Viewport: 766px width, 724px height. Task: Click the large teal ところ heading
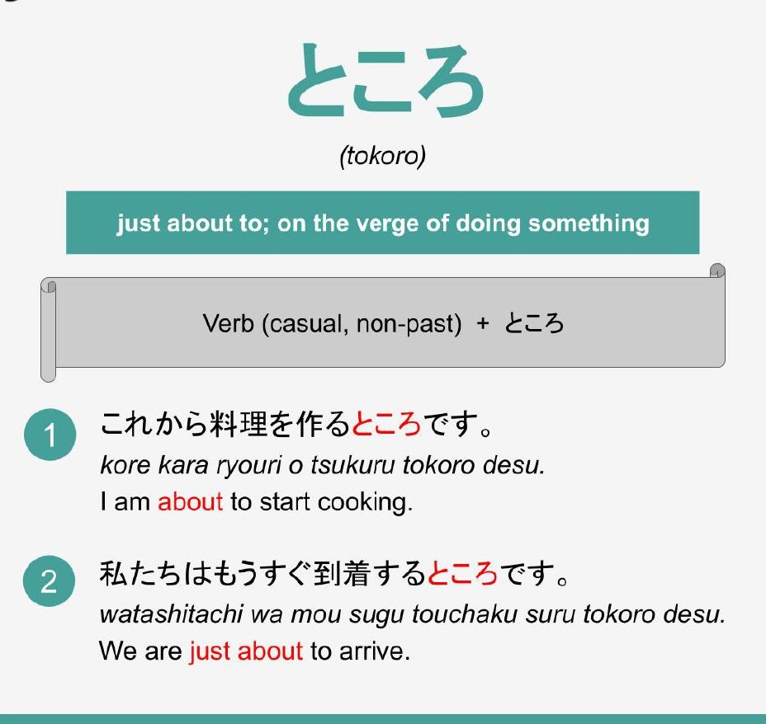[x=386, y=80]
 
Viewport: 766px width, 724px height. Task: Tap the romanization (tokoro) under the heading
[x=382, y=156]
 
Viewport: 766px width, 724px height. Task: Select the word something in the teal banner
[x=589, y=223]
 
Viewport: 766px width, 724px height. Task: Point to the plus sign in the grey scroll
[x=483, y=323]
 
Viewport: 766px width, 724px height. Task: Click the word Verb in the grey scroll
[x=228, y=323]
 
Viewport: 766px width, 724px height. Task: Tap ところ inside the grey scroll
[x=534, y=323]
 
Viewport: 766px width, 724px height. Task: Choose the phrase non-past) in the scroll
[x=409, y=323]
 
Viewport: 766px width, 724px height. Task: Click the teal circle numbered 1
[x=50, y=435]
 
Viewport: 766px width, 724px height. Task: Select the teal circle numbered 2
[x=50, y=581]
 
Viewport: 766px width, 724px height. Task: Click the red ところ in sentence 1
[x=386, y=424]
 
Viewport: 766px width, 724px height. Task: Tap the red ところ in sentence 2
[x=462, y=573]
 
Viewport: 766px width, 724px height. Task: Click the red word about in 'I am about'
[x=190, y=501]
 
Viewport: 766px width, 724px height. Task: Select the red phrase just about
[x=246, y=651]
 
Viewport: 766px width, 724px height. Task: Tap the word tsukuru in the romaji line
[x=352, y=465]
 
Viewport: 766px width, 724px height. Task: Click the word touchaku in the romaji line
[x=465, y=614]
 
